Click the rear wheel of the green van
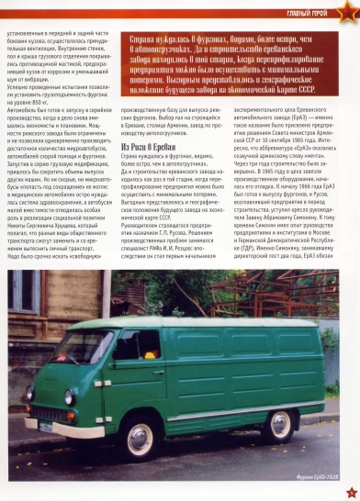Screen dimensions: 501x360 (281, 424)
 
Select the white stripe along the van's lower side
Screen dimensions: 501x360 (220, 405)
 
